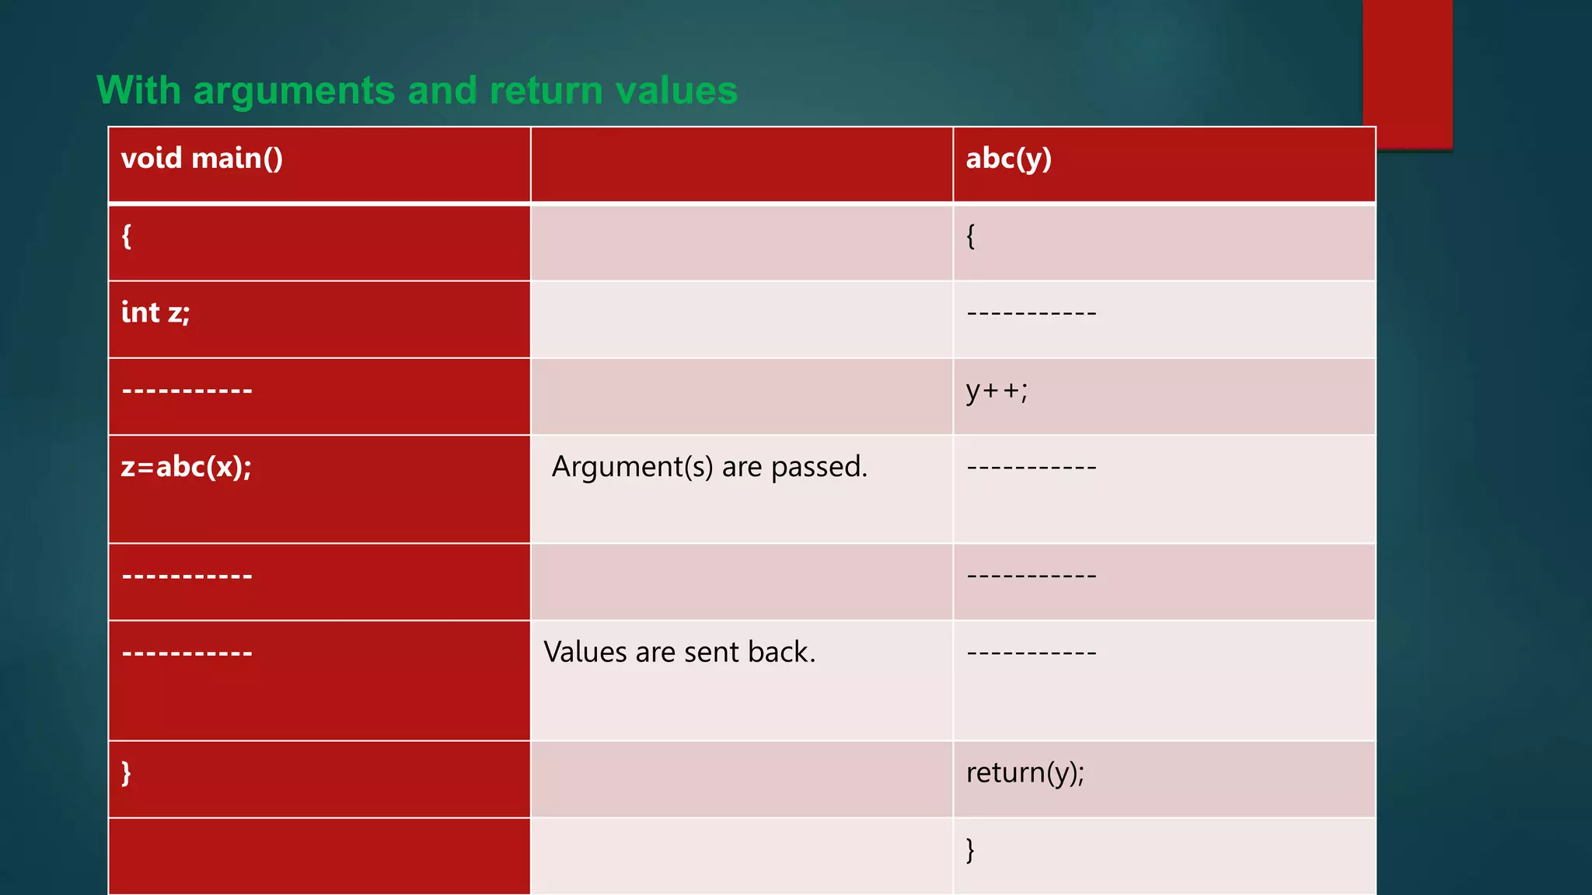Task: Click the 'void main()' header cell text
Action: (202, 158)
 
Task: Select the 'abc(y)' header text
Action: (1008, 158)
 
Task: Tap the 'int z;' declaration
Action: (155, 312)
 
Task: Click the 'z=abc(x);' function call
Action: (187, 467)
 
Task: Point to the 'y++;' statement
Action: (997, 390)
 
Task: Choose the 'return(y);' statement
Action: (1025, 772)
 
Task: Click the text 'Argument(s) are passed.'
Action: (709, 467)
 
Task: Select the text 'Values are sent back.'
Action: (679, 652)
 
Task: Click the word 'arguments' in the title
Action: (295, 91)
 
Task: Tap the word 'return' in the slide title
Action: (546, 91)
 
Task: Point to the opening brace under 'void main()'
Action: (127, 235)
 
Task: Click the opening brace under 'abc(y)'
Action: (970, 235)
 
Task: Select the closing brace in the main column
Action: (126, 773)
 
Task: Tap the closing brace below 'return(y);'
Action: (970, 850)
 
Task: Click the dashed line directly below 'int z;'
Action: (187, 390)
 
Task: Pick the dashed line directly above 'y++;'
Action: (1032, 313)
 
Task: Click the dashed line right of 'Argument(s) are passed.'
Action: (1032, 468)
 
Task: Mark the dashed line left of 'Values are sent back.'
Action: (187, 653)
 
